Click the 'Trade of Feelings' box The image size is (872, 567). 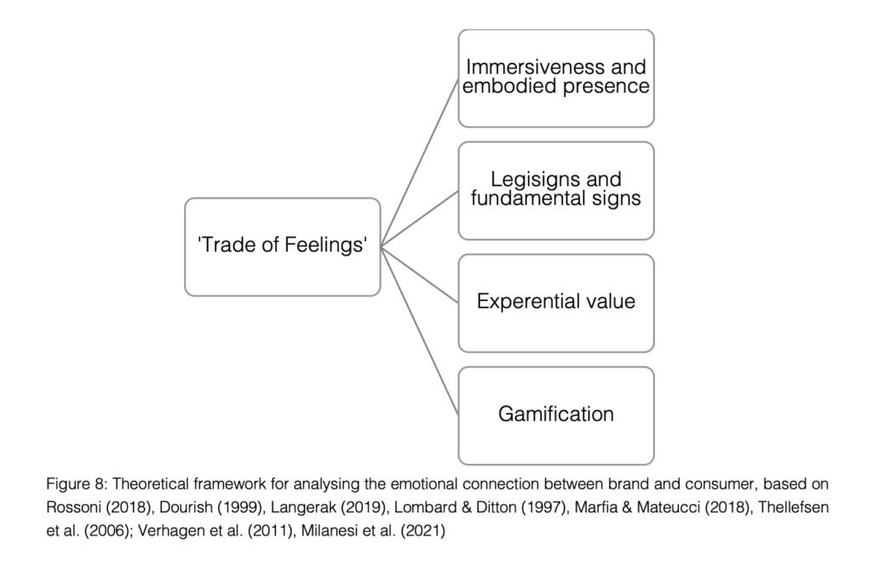coord(282,247)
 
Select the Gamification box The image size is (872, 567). coord(556,415)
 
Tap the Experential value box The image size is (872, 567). coord(556,302)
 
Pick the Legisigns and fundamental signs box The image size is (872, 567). coord(556,190)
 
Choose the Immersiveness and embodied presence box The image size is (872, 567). coord(556,78)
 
